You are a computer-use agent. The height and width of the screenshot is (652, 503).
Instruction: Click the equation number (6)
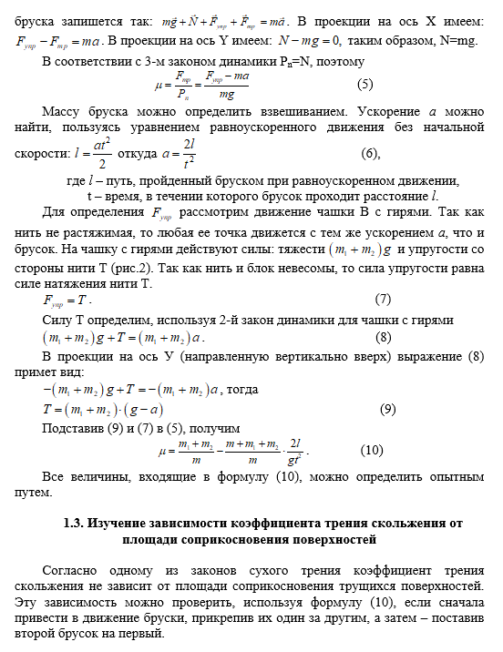[369, 152]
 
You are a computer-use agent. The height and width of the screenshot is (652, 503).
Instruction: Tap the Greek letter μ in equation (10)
[163, 450]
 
